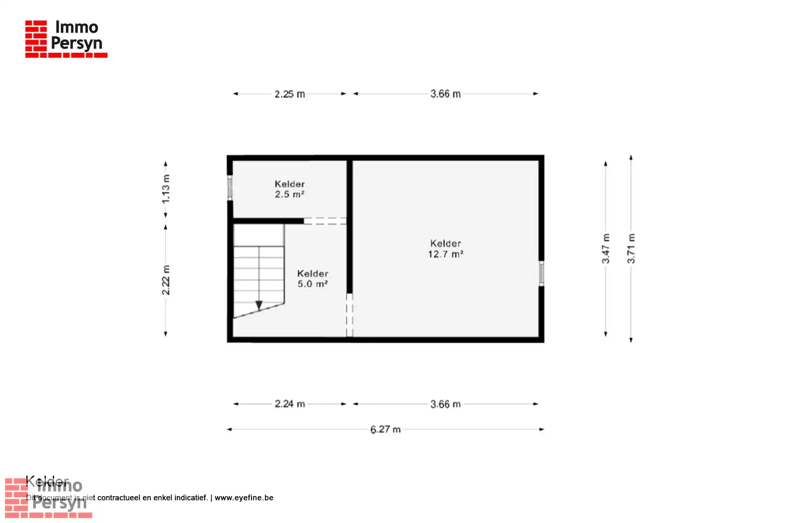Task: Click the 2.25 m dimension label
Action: pos(289,94)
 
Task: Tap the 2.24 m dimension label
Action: pos(289,404)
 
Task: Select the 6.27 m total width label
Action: pos(385,429)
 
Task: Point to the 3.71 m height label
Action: pos(631,249)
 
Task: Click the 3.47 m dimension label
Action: pos(606,249)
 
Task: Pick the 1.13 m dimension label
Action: pos(166,189)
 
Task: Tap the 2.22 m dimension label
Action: pos(166,280)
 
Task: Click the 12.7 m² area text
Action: pos(445,254)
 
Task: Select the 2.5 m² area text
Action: pos(289,194)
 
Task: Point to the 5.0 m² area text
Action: pos(312,284)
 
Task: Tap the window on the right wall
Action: pos(541,273)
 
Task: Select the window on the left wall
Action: pos(230,188)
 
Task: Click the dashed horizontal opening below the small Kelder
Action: pos(325,221)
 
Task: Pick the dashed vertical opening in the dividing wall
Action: pos(349,315)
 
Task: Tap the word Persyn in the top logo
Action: pos(77,43)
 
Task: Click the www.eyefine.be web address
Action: pos(244,498)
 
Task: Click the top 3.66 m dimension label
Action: pos(445,94)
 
